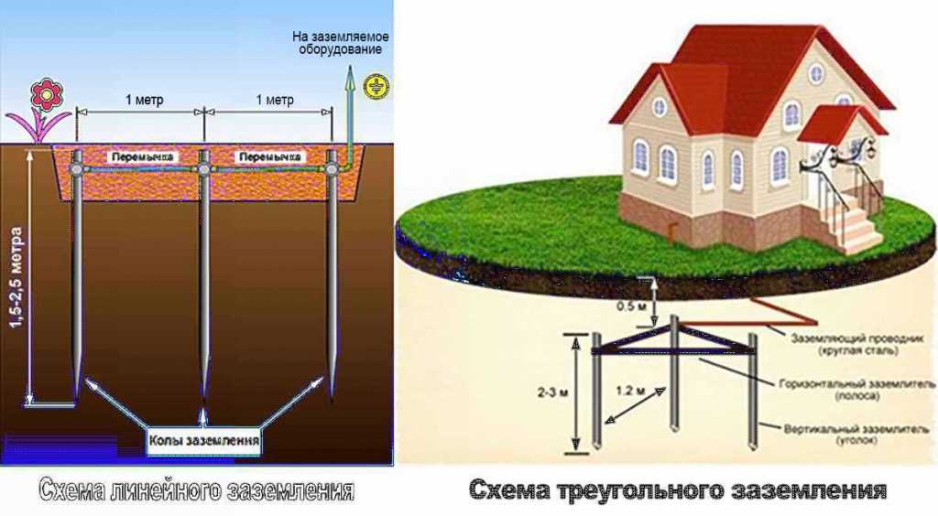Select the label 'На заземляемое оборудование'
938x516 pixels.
click(341, 43)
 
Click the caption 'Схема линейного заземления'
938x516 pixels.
click(196, 490)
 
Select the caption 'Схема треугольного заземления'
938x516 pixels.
click(678, 490)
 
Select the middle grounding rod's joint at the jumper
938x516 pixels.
click(204, 169)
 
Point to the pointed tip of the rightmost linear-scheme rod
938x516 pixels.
click(331, 396)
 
